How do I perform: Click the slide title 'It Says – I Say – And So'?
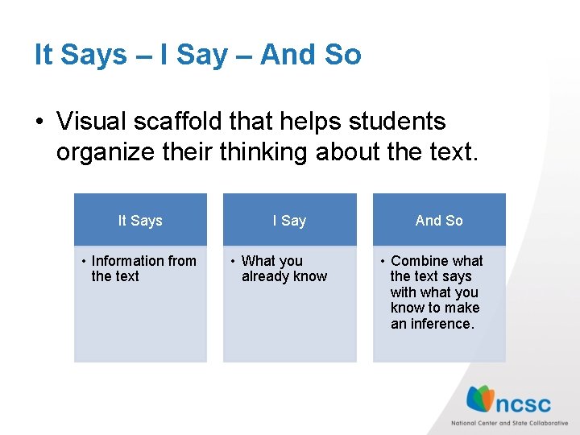[197, 55]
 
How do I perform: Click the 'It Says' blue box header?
[140, 220]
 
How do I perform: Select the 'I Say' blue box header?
[289, 220]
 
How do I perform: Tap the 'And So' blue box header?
[439, 220]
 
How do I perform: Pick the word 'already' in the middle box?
[265, 276]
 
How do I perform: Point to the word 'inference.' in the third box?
[442, 324]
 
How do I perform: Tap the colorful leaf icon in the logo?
[481, 399]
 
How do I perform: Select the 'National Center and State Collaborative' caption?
[509, 423]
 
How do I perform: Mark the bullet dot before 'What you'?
[232, 261]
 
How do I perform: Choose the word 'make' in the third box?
[463, 308]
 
